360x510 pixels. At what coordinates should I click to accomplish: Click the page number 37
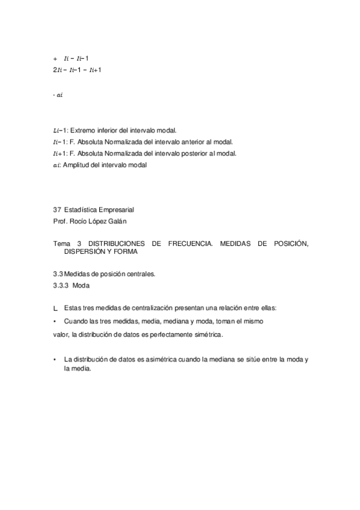coord(57,210)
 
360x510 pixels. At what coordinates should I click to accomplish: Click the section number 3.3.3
coord(63,286)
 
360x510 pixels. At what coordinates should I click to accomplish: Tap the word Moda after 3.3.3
coord(90,286)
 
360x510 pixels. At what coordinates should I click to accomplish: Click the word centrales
coord(139,274)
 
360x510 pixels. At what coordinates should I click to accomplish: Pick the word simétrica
coord(204,334)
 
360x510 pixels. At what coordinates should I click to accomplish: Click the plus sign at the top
coord(55,59)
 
